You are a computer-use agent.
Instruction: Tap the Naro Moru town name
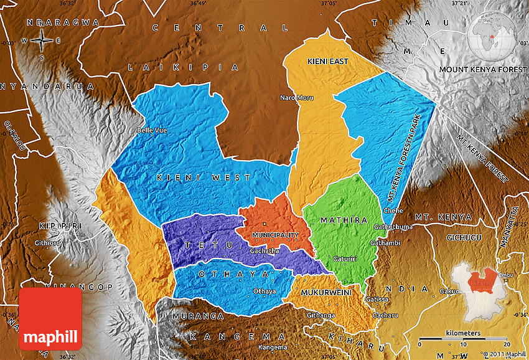point(297,98)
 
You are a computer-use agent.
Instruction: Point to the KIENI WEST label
point(204,178)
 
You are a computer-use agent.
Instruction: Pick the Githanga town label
point(321,316)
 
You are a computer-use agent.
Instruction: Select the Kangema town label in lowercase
point(273,347)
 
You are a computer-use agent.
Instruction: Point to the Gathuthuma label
point(393,227)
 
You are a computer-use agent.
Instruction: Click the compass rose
point(42,40)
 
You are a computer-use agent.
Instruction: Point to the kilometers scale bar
point(464,340)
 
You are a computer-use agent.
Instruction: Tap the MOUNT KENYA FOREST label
point(483,69)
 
